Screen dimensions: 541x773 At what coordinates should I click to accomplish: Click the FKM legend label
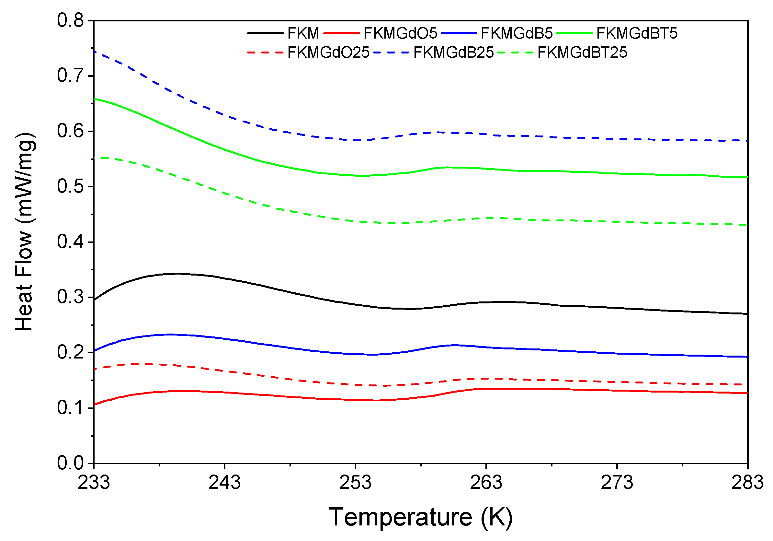point(303,33)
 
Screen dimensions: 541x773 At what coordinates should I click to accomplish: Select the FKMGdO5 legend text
point(400,33)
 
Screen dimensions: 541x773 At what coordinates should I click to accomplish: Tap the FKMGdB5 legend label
point(517,33)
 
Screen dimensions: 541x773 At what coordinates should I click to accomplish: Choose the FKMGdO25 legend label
point(329,53)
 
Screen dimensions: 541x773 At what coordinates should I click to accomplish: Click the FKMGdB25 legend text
point(453,53)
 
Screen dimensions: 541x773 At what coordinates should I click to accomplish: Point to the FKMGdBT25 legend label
point(583,53)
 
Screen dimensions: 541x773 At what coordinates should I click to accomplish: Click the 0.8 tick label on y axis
point(70,20)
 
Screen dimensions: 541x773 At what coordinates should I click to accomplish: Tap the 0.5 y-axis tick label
point(70,186)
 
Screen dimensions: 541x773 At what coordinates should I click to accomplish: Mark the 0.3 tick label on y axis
point(70,297)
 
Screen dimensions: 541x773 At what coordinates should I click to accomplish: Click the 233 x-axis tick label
point(94,483)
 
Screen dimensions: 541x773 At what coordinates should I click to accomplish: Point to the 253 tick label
point(355,483)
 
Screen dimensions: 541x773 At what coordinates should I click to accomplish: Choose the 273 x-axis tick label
point(617,483)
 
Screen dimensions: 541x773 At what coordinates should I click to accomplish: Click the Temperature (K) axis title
point(421,517)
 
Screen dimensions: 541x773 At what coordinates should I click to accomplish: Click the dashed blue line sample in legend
point(391,53)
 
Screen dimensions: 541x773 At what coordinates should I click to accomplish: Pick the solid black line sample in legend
point(265,33)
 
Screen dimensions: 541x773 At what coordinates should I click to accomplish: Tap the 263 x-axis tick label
point(486,483)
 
